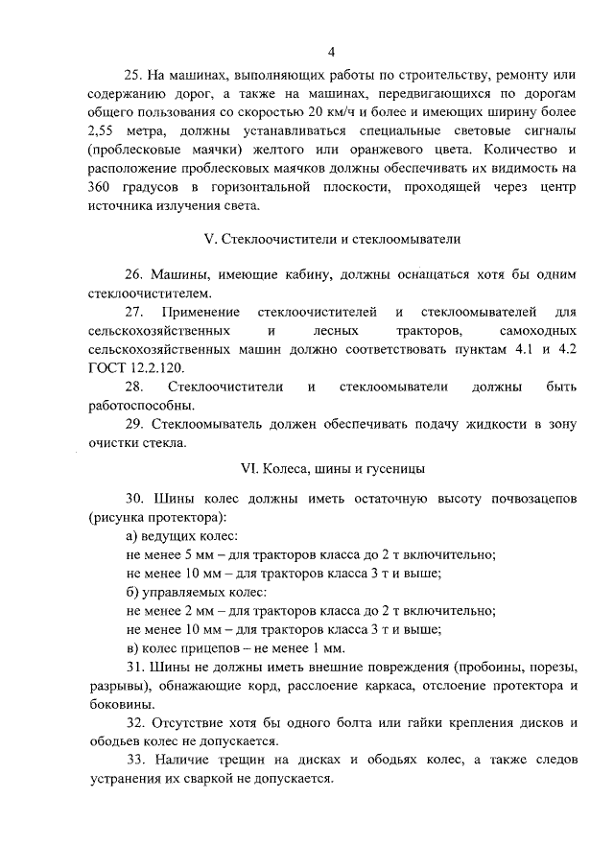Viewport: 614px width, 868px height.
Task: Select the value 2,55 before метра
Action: pyautogui.click(x=102, y=130)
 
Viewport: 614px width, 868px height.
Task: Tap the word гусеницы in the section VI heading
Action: pyautogui.click(x=398, y=469)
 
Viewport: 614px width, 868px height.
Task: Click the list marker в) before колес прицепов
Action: pyautogui.click(x=132, y=648)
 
